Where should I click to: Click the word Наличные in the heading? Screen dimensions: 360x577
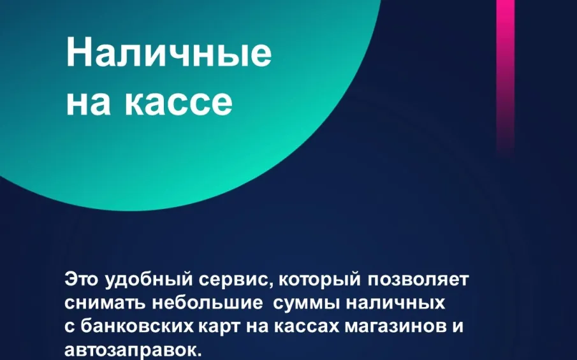[x=168, y=54]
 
